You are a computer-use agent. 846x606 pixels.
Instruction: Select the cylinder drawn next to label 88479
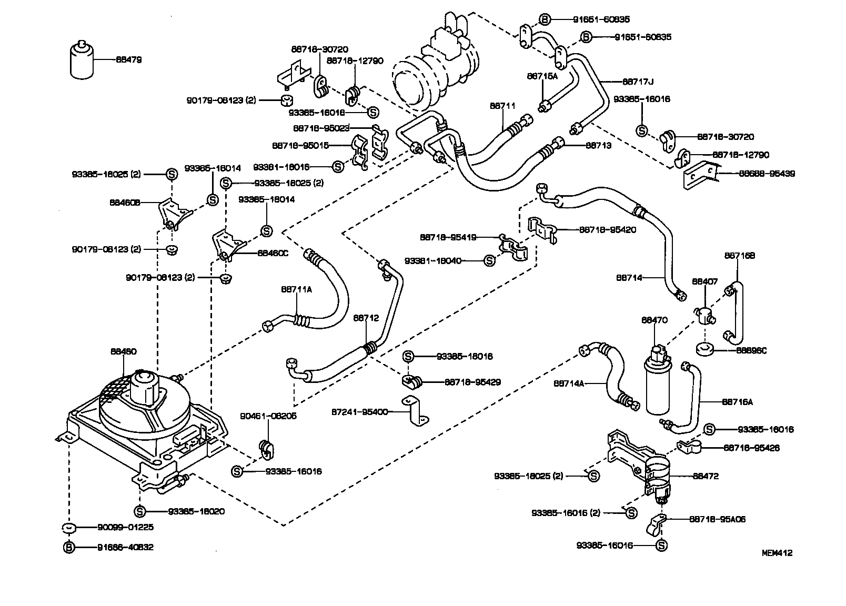pyautogui.click(x=82, y=60)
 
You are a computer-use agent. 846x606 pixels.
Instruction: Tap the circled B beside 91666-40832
pyautogui.click(x=68, y=547)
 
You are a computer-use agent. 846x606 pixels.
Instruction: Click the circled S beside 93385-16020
pyautogui.click(x=139, y=511)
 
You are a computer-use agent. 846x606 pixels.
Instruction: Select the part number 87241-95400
pyautogui.click(x=360, y=411)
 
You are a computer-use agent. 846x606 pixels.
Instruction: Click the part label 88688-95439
pyautogui.click(x=767, y=174)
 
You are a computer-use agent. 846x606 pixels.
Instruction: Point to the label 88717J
pyautogui.click(x=638, y=82)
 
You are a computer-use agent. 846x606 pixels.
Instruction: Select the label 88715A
pyautogui.click(x=542, y=76)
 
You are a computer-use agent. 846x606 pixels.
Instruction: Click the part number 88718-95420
pyautogui.click(x=607, y=230)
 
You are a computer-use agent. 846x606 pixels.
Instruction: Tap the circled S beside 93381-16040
pyautogui.click(x=489, y=260)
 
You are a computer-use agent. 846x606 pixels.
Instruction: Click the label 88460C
pyautogui.click(x=273, y=252)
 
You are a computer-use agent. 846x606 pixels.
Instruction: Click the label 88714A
pyautogui.click(x=569, y=384)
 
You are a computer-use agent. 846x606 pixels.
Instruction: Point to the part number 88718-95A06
pyautogui.click(x=717, y=519)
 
